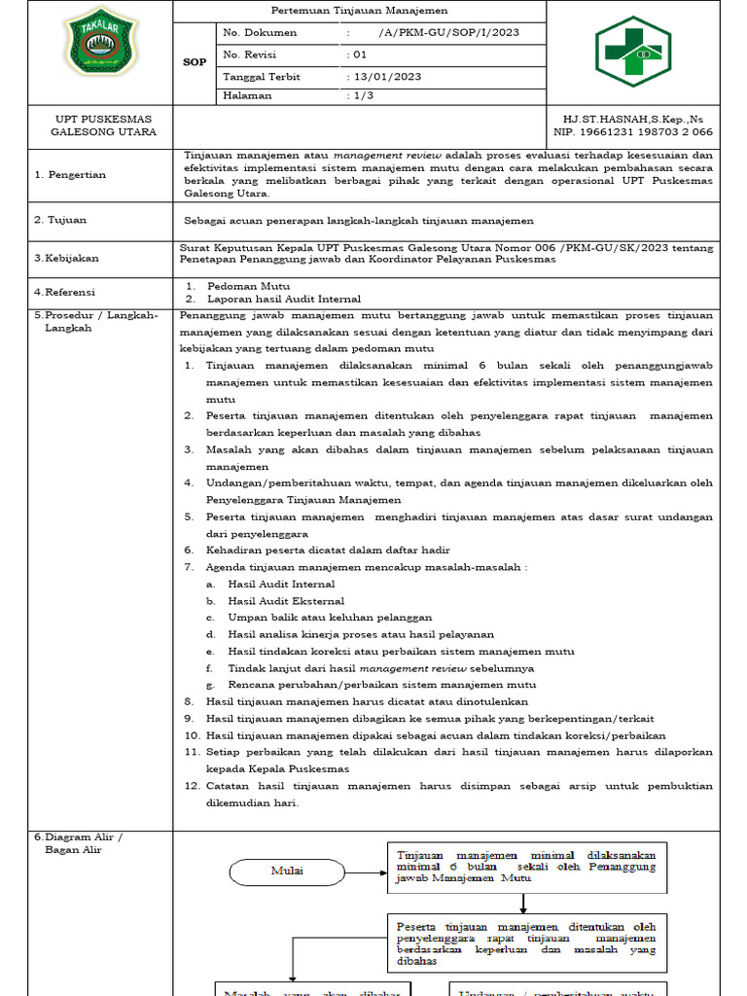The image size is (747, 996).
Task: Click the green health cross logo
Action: point(632,51)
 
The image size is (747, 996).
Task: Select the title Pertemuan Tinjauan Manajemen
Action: point(359,11)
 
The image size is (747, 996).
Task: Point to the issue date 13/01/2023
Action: point(386,76)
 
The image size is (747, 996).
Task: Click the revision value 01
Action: point(359,54)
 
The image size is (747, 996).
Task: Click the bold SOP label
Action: point(195,62)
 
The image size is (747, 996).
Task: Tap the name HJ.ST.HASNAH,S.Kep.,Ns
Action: point(626,118)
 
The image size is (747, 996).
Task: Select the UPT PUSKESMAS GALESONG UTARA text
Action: point(102,124)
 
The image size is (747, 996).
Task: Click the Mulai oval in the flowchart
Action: point(287,871)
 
